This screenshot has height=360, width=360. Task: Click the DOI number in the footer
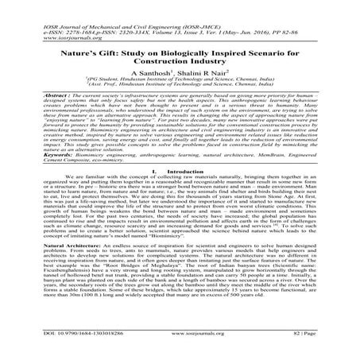click(x=64, y=346)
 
